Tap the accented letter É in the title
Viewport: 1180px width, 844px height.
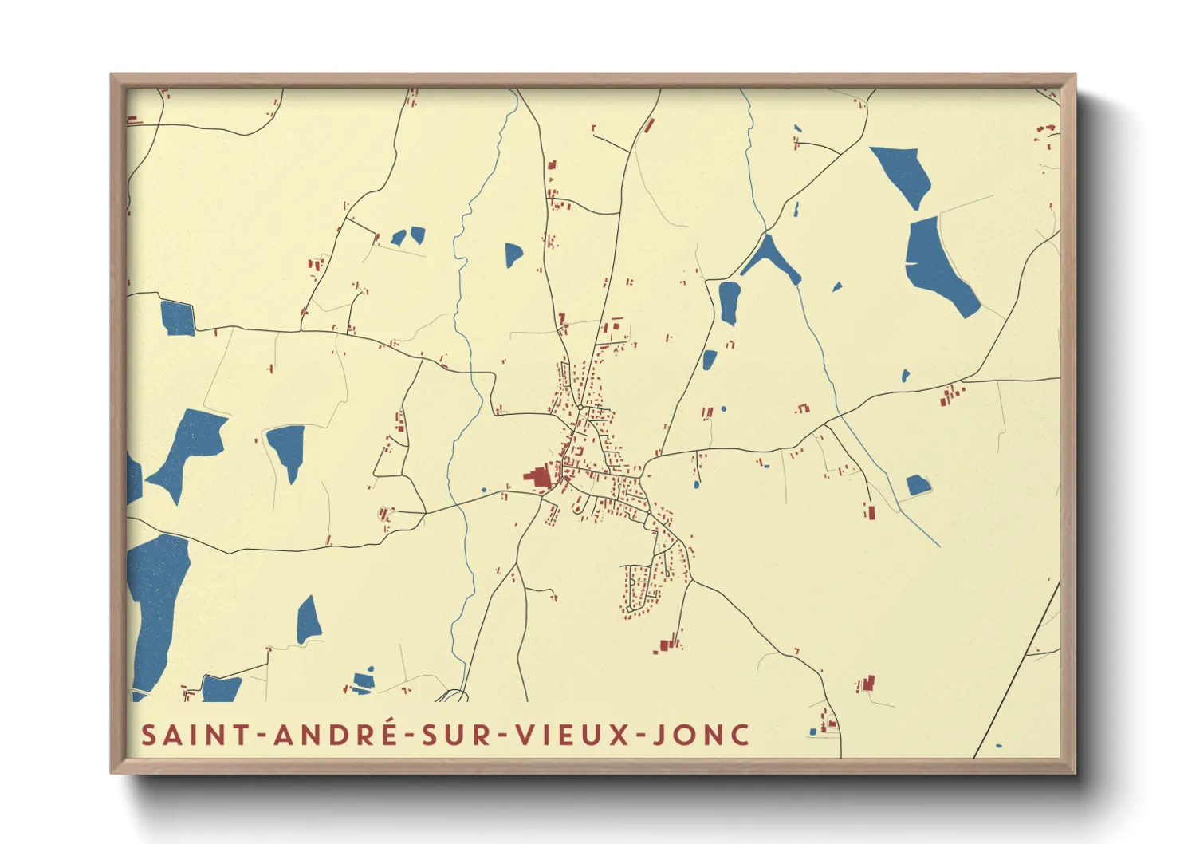(387, 733)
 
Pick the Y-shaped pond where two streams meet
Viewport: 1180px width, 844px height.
(769, 258)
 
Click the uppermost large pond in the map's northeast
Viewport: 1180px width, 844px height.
(903, 173)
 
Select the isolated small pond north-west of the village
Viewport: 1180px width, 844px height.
(513, 254)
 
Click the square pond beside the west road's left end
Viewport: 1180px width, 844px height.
(177, 318)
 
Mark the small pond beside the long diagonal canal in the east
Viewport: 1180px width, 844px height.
(917, 485)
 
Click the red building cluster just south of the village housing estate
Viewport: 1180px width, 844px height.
(668, 644)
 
